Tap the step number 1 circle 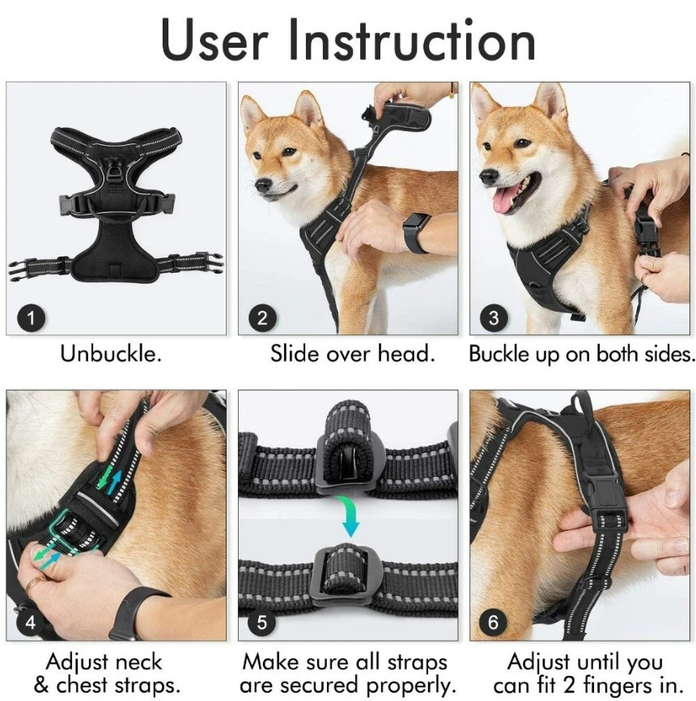click(31, 317)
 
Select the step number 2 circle click(261, 317)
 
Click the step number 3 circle click(494, 317)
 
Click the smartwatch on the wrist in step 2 click(416, 232)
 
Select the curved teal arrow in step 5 click(349, 514)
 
